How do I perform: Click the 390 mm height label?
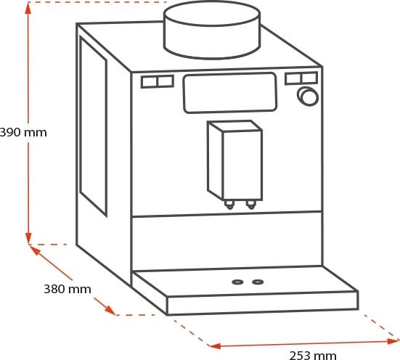tap(23, 133)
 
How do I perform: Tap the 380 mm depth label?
tap(68, 289)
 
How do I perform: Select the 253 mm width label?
tap(313, 355)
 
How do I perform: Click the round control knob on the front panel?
tap(308, 97)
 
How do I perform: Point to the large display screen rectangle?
tap(230, 93)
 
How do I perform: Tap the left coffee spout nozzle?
tap(229, 205)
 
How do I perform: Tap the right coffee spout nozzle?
tap(250, 205)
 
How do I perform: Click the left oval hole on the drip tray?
tap(237, 282)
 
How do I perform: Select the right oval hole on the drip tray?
tap(258, 282)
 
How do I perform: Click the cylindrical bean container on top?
tap(212, 30)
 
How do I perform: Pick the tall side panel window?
tap(93, 126)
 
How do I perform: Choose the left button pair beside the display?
tap(158, 81)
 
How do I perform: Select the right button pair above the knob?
tap(301, 78)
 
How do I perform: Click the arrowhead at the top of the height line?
tap(28, 9)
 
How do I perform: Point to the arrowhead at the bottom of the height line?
tap(28, 238)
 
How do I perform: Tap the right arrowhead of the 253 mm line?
tap(393, 341)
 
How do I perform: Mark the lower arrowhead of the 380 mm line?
tap(110, 310)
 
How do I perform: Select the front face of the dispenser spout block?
tap(242, 165)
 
